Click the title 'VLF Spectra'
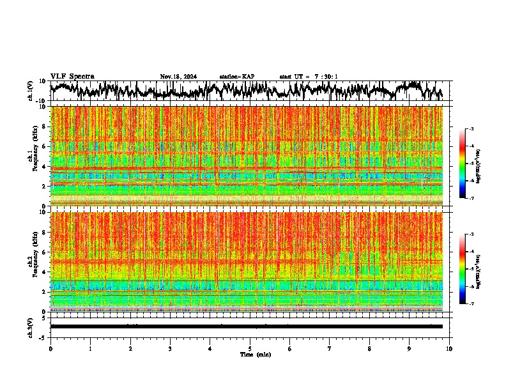click(x=72, y=77)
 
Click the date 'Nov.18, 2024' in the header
click(x=178, y=77)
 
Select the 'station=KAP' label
click(x=237, y=77)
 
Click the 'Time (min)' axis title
click(x=254, y=355)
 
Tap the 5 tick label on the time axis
click(x=250, y=349)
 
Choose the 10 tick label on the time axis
click(x=449, y=349)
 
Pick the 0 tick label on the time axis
click(x=50, y=349)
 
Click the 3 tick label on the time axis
click(x=170, y=349)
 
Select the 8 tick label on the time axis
click(x=369, y=349)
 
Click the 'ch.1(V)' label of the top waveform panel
click(x=30, y=91)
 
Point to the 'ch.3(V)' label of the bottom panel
click(x=30, y=326)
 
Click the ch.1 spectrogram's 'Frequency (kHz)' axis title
click(x=36, y=156)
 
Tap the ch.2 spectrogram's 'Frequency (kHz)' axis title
click(x=36, y=261)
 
